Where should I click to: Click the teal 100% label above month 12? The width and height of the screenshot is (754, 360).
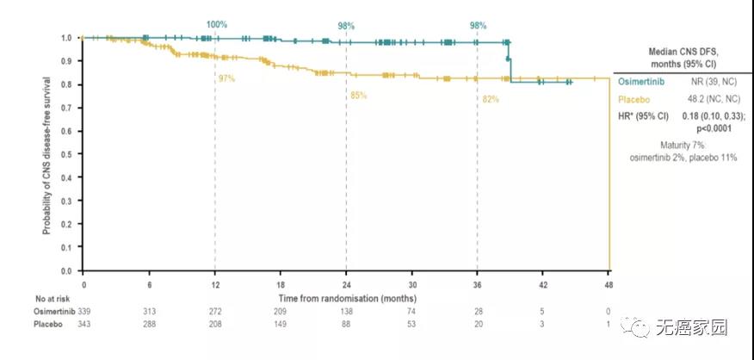click(x=216, y=24)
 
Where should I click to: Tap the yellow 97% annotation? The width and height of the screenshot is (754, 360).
click(x=226, y=78)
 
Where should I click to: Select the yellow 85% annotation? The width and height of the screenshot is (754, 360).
click(x=358, y=95)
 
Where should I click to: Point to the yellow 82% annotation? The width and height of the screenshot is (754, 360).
click(x=491, y=99)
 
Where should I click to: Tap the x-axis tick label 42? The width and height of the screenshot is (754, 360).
click(x=542, y=284)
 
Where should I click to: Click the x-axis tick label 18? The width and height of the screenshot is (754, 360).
click(x=280, y=284)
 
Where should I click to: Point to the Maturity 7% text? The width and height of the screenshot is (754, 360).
click(x=683, y=146)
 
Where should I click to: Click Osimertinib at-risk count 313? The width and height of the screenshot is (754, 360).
click(x=149, y=310)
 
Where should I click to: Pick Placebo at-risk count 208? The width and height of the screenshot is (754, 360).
click(x=214, y=325)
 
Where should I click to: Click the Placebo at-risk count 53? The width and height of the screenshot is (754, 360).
click(x=411, y=325)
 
